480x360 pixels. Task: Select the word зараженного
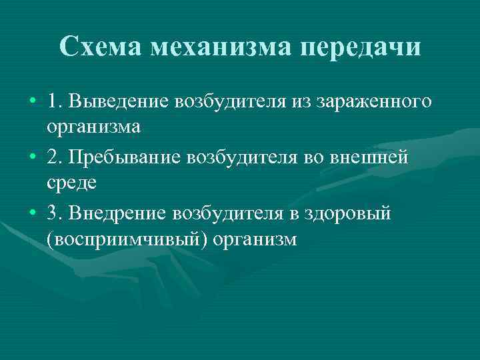click(x=378, y=103)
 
